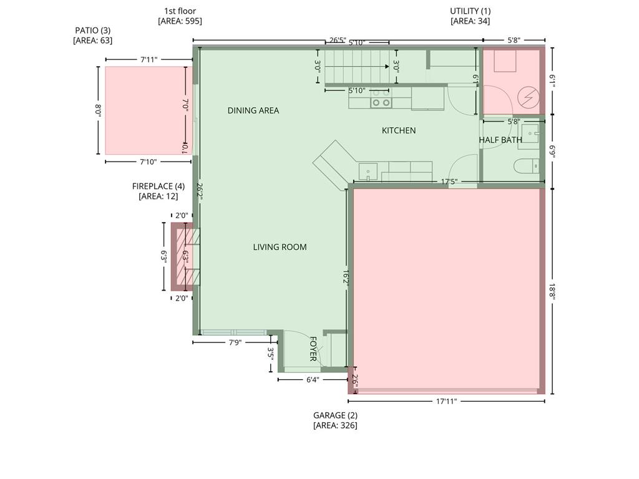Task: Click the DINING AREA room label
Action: coord(253,110)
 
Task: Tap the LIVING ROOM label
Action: coord(280,247)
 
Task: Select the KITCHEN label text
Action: coord(399,130)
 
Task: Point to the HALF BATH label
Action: coord(500,140)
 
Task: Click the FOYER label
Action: coord(313,349)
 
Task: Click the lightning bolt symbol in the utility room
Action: coord(529,98)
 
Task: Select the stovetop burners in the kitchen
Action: coord(381,98)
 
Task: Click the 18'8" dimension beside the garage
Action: coord(553,291)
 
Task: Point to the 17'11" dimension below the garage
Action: coord(446,401)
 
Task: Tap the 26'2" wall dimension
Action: coord(200,191)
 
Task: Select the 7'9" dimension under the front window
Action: coord(235,342)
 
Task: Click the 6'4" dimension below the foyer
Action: coord(313,380)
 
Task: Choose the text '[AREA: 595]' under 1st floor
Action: coord(180,21)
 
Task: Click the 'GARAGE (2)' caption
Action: coord(335,415)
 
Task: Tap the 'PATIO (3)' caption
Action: coord(92,30)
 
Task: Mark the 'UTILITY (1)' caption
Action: coord(470,11)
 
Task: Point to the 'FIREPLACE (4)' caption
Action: coord(158,186)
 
